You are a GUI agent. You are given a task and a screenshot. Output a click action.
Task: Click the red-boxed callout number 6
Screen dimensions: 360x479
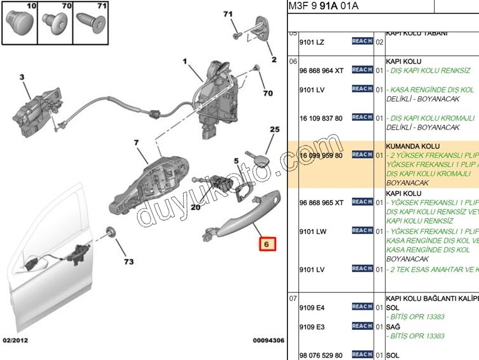pyautogui.click(x=267, y=245)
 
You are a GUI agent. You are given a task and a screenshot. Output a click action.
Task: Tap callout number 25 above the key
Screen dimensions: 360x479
pyautogui.click(x=274, y=130)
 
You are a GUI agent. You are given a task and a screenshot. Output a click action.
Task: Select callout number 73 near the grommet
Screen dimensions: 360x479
pyautogui.click(x=129, y=262)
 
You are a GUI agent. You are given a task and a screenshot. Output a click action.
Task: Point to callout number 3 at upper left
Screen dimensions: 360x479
pyautogui.click(x=22, y=77)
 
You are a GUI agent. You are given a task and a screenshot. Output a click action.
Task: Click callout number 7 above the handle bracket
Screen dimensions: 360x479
pyautogui.click(x=136, y=143)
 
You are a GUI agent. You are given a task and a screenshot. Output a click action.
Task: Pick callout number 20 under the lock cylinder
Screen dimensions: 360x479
pyautogui.click(x=196, y=207)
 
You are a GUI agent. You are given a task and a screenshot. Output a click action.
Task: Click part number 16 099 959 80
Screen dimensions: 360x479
pyautogui.click(x=321, y=155)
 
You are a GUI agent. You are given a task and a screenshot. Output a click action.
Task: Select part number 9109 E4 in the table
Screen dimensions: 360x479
pyautogui.click(x=312, y=308)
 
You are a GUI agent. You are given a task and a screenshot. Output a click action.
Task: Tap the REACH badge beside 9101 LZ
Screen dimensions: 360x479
pyautogui.click(x=362, y=41)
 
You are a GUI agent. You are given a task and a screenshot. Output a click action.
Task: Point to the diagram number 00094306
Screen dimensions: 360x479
pyautogui.click(x=268, y=340)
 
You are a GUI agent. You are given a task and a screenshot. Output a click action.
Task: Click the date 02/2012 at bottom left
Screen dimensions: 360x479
pyautogui.click(x=15, y=340)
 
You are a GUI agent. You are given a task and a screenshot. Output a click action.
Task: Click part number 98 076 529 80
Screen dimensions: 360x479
pyautogui.click(x=321, y=355)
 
